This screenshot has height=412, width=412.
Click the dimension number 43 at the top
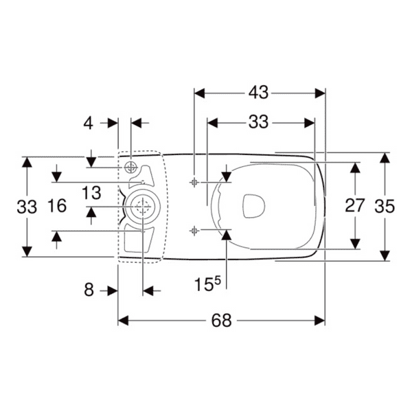259,91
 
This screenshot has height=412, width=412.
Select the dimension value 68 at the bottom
221,321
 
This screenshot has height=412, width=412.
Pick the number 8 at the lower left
89,290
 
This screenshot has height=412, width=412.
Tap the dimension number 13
91,194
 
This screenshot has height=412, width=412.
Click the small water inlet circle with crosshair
132,168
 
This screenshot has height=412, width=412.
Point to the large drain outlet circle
143,207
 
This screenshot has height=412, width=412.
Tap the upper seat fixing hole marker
194,182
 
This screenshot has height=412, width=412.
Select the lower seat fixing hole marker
194,230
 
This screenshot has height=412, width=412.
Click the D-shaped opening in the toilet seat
255,205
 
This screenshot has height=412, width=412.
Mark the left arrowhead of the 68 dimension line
124,321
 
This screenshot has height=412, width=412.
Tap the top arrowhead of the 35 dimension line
385,157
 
